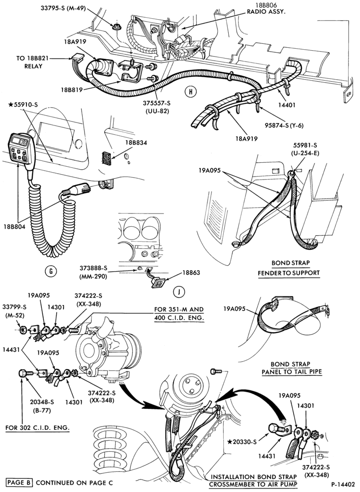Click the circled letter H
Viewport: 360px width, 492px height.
click(x=190, y=92)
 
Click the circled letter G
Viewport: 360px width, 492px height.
click(x=51, y=271)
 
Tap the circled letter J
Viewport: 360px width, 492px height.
click(x=179, y=292)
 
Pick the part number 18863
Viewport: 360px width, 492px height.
click(x=191, y=273)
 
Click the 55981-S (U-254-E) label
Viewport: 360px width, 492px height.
click(x=305, y=149)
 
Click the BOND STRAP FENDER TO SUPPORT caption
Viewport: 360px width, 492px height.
click(x=289, y=268)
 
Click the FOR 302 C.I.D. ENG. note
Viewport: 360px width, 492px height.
click(x=38, y=428)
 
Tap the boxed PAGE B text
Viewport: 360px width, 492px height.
click(x=20, y=482)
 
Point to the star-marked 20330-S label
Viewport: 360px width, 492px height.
click(x=242, y=442)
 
